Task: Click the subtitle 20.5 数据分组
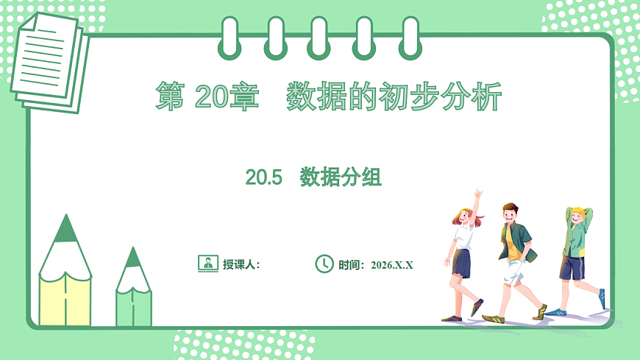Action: (x=313, y=177)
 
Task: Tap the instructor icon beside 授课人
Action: (x=208, y=264)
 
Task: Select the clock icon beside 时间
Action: (x=324, y=264)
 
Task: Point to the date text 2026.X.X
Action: (x=392, y=265)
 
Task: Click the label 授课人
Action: (x=241, y=265)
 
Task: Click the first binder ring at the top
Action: (x=230, y=37)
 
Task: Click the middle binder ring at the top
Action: (x=319, y=37)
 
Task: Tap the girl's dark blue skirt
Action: (x=461, y=263)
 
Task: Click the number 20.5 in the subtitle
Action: (x=264, y=177)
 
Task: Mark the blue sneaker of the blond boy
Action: (x=602, y=298)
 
